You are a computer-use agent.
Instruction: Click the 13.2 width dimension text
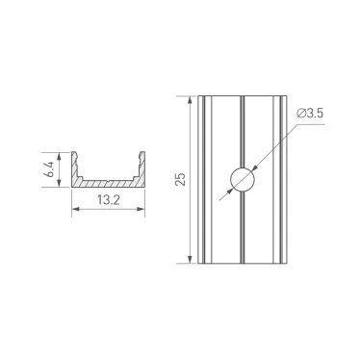coord(107,203)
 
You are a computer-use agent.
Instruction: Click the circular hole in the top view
coord(243,180)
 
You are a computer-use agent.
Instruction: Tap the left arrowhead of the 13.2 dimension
coord(75,213)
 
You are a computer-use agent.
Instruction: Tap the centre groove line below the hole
coord(243,231)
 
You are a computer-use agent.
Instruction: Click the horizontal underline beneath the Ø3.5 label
coord(310,123)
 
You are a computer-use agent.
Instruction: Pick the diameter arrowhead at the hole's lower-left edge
coord(231,192)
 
